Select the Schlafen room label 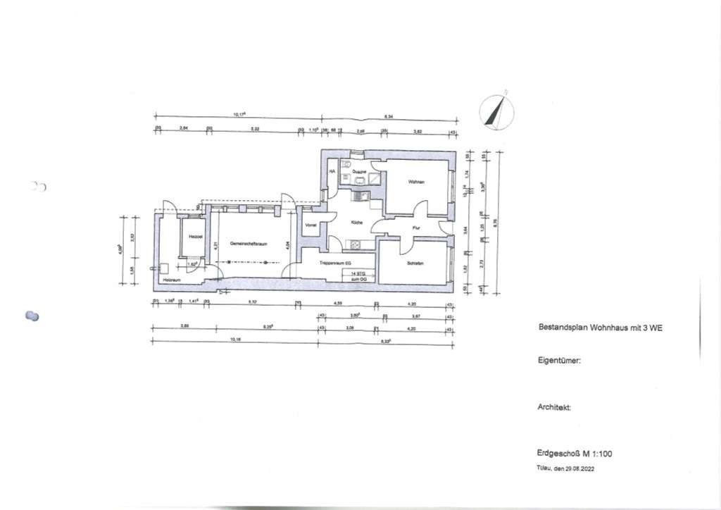(415, 264)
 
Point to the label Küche (356, 223)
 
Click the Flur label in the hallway (417, 228)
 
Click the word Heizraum (173, 280)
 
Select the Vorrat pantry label (311, 225)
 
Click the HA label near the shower (331, 170)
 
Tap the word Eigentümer (559, 361)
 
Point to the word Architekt (554, 407)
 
